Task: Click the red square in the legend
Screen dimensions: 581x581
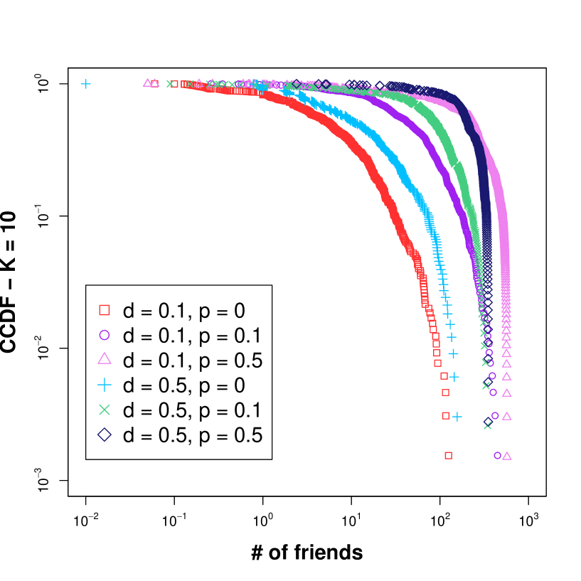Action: (105, 310)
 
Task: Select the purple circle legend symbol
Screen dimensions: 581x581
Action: (105, 335)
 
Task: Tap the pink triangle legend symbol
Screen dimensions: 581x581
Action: (105, 359)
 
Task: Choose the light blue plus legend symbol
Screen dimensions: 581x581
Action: (105, 385)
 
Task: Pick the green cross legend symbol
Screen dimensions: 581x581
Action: (105, 410)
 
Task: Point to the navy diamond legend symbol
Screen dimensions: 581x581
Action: (105, 435)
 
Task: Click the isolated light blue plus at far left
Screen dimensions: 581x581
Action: (85, 84)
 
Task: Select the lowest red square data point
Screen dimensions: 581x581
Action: (448, 455)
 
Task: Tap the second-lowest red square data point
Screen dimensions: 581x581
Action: (446, 415)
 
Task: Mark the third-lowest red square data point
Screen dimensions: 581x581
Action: (445, 393)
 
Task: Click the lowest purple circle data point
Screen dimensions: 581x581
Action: (498, 455)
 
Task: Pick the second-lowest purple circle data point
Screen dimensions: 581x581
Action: (495, 415)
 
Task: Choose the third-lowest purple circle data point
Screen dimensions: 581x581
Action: (493, 393)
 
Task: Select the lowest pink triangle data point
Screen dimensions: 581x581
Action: (507, 456)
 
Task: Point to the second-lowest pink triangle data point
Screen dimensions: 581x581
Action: (507, 416)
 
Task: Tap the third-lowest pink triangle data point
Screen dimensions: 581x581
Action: (507, 393)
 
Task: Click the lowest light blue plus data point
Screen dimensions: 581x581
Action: (457, 417)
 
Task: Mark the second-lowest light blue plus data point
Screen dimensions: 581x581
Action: (454, 377)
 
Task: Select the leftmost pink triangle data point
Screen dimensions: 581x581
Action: (147, 83)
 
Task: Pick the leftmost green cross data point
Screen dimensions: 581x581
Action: (170, 84)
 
